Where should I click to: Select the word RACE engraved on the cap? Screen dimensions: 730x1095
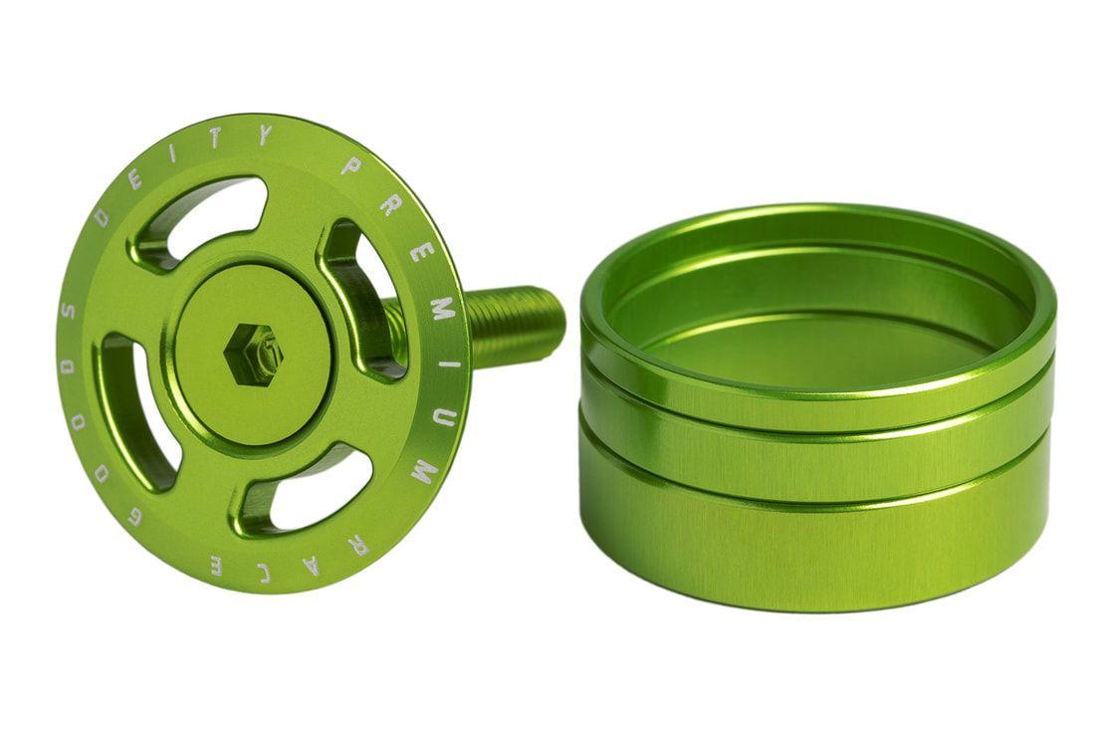tap(290, 558)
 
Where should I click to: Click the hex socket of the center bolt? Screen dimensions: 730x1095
tap(253, 355)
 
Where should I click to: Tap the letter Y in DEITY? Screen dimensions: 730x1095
tap(263, 135)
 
